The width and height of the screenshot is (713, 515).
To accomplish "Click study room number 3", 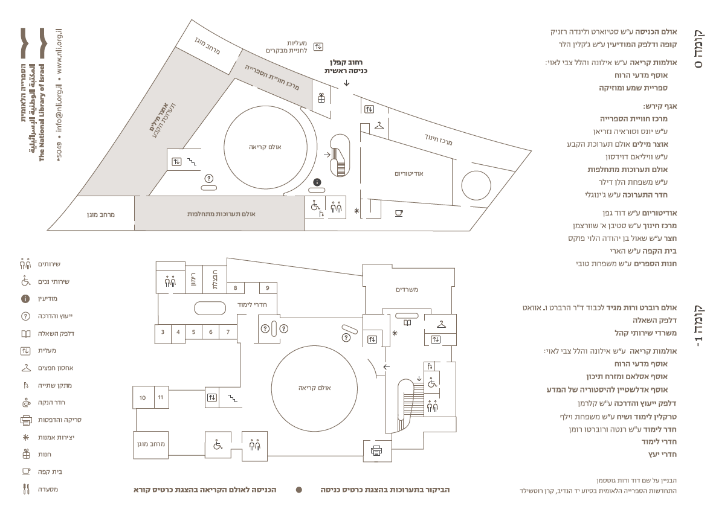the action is point(163,332).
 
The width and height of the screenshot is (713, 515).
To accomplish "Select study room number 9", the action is point(267,288).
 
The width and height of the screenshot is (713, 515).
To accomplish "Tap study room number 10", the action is point(143,398).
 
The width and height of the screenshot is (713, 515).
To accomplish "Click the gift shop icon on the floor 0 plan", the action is point(321,98).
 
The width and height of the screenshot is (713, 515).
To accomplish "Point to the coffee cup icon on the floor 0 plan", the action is point(399,213).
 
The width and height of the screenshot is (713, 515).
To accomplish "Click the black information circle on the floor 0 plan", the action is point(317,182).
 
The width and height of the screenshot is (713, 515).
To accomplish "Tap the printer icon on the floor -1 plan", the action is point(376,451).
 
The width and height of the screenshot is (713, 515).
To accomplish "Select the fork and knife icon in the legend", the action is point(26,490).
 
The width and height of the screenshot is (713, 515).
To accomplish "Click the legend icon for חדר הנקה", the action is point(25,403).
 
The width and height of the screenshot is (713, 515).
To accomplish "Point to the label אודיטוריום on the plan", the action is point(409,174).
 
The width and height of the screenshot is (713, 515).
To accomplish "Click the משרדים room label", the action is point(407,290).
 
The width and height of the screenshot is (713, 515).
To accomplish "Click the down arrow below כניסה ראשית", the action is point(346,83).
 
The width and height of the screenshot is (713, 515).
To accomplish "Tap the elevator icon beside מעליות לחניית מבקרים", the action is point(318,46).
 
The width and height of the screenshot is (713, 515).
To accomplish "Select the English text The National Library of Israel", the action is point(42,113).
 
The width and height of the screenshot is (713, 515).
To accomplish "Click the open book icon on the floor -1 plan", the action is point(407,323).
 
